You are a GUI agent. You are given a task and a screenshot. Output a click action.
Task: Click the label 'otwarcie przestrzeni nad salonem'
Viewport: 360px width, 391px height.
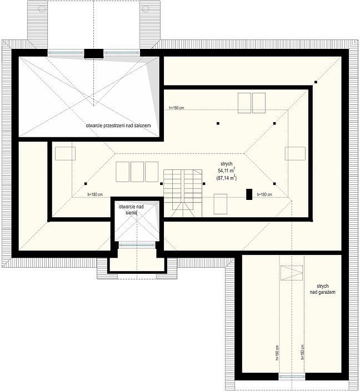[x=118, y=126]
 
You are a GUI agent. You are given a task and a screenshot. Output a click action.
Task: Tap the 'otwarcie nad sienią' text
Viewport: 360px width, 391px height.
[x=131, y=210]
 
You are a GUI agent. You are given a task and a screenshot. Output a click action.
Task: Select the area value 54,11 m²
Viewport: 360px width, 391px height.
[x=226, y=171]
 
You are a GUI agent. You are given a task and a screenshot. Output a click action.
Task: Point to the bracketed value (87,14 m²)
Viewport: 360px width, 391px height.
[x=226, y=178]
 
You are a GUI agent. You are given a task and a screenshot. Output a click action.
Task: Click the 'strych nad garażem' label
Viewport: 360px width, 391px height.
[x=323, y=289]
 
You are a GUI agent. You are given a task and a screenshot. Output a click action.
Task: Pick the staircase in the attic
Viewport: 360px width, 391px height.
[x=183, y=193]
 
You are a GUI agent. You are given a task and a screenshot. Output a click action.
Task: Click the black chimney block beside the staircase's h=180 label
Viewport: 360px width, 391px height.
[x=249, y=194]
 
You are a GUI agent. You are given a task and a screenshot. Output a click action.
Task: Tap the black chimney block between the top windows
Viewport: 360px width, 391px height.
[x=93, y=54]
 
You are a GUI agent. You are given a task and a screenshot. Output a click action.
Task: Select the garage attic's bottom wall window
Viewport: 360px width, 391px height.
[x=292, y=377]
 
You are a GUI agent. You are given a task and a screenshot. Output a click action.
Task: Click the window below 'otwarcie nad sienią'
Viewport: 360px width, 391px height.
[x=137, y=245]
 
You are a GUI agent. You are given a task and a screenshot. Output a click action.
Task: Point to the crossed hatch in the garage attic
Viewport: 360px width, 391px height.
[x=292, y=273]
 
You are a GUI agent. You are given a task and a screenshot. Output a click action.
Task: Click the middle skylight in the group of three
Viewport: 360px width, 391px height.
[x=137, y=172]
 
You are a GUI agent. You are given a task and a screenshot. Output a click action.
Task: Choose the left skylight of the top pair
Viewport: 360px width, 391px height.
[x=244, y=103]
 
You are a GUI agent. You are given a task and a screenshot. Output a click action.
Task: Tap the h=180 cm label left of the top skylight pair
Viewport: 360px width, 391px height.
[x=176, y=108]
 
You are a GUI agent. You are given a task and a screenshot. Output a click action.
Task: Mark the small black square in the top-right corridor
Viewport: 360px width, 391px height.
[x=316, y=82]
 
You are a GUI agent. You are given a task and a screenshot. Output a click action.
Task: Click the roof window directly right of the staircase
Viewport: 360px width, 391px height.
[x=221, y=204]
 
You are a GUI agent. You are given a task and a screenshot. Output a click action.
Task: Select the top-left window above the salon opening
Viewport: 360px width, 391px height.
[x=66, y=53]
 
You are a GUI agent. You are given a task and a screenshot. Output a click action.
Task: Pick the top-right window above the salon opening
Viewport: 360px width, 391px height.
[x=122, y=53]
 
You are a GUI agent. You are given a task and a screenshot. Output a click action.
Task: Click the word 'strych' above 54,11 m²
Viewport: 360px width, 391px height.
[x=226, y=164]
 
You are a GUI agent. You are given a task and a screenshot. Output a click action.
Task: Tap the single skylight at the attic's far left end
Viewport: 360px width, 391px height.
[x=65, y=153]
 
